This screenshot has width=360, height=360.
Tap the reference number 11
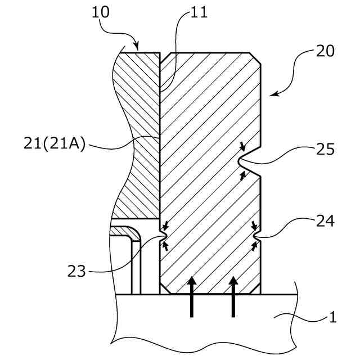tap(199, 13)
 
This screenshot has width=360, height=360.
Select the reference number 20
tap(325, 52)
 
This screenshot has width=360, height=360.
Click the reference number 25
tap(325, 150)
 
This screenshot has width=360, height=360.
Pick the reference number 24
tap(325, 221)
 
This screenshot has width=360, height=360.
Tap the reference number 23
tap(77, 272)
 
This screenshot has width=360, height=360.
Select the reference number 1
tap(332, 317)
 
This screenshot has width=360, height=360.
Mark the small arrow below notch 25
tap(243, 176)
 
